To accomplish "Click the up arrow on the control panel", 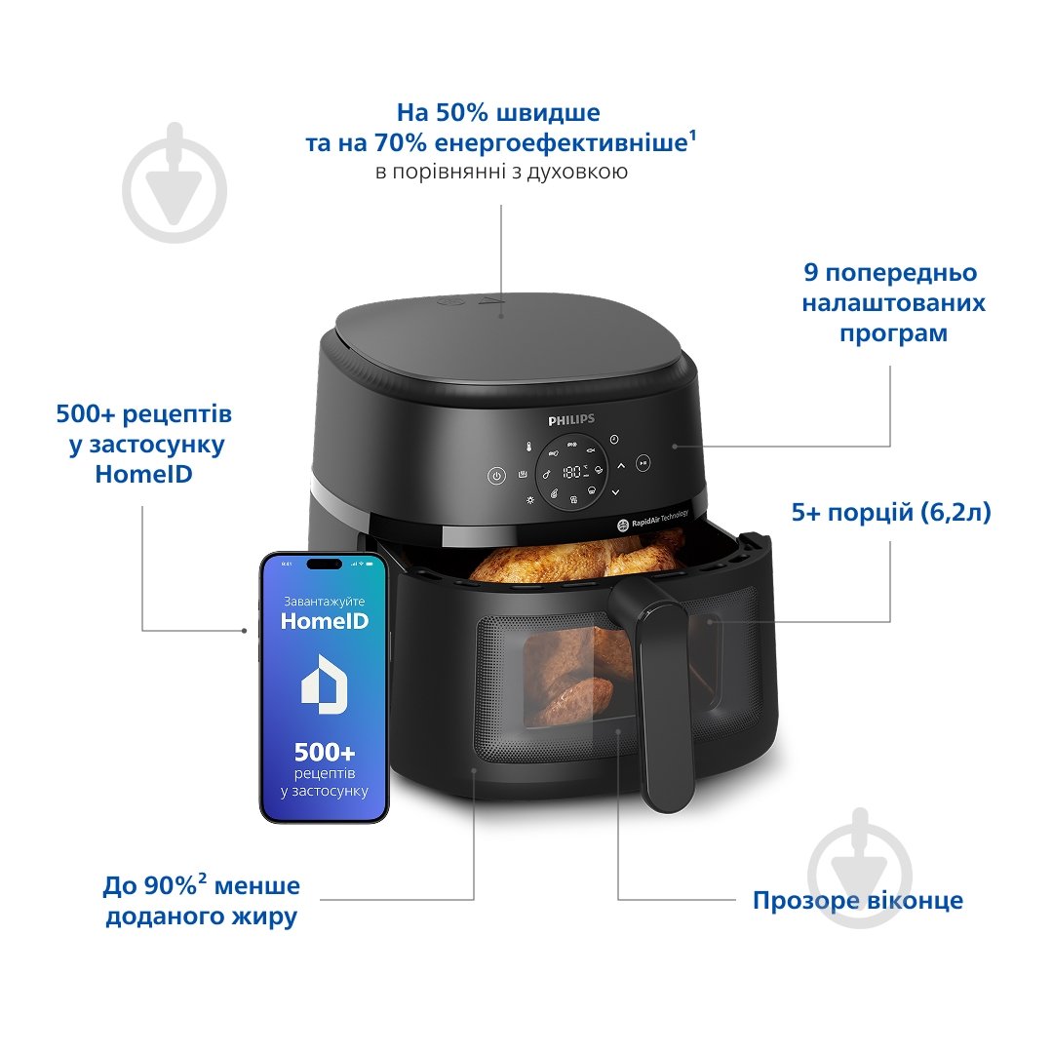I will click(621, 466).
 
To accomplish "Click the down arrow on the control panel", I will click(615, 493).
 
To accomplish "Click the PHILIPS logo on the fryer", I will click(570, 419).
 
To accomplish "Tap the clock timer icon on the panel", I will click(613, 440).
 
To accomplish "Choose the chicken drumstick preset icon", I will click(547, 475).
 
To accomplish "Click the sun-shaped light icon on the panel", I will click(530, 500).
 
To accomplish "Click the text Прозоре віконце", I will click(857, 900).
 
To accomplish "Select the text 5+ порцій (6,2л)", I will click(890, 512).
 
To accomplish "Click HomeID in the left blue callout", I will click(144, 475).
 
